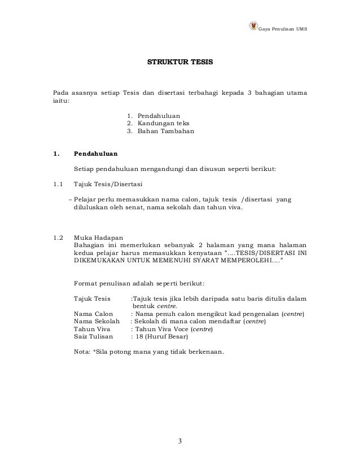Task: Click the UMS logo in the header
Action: click(252, 28)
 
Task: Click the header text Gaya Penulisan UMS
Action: click(283, 28)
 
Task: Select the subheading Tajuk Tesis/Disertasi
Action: click(108, 184)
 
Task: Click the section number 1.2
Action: click(58, 237)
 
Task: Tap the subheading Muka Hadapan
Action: click(97, 237)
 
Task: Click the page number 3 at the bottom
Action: click(180, 441)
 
